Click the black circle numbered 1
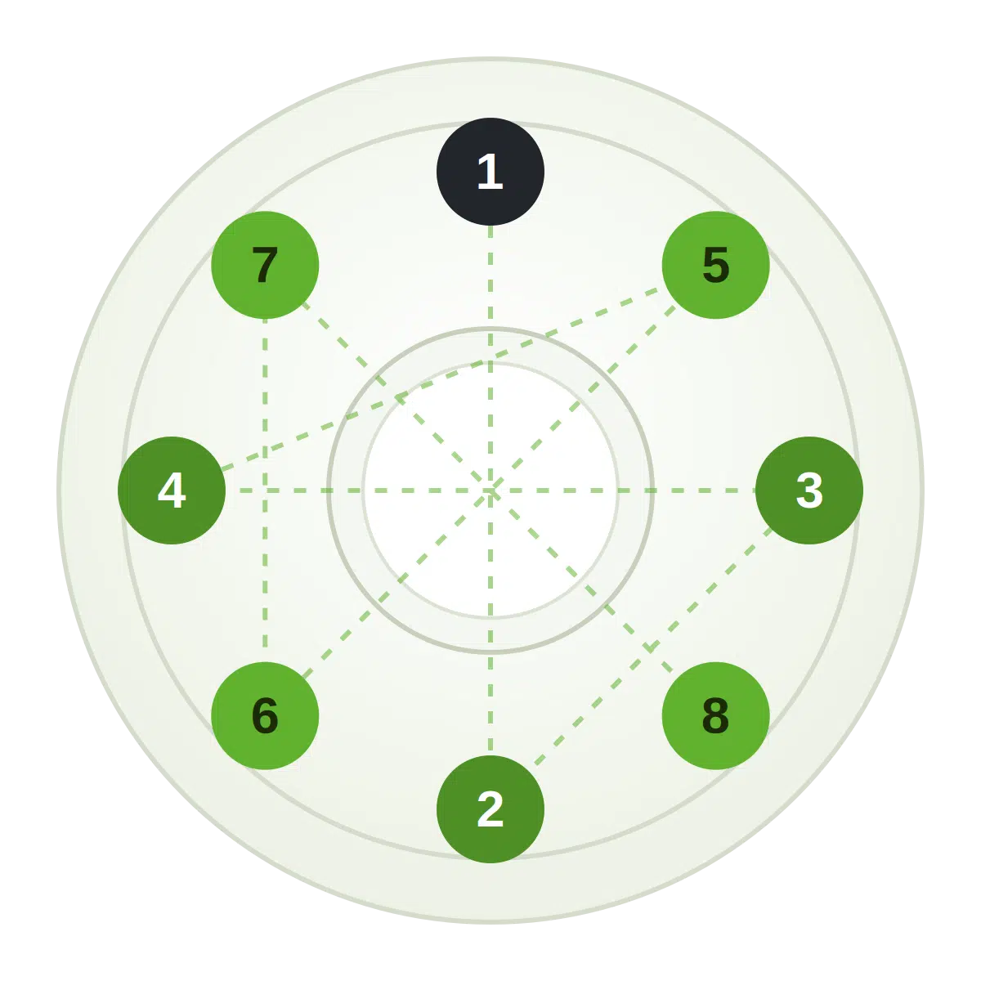tap(490, 172)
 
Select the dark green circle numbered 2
tap(490, 809)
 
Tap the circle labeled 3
tap(809, 490)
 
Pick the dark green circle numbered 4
tap(172, 490)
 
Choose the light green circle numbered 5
tap(716, 265)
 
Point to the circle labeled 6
tap(265, 716)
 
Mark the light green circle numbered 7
tap(265, 265)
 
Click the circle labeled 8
tap(716, 716)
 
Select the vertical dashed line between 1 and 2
tap(490, 490)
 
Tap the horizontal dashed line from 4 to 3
tap(490, 490)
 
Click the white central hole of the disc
tap(490, 490)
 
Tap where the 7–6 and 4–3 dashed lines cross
tap(265, 490)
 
